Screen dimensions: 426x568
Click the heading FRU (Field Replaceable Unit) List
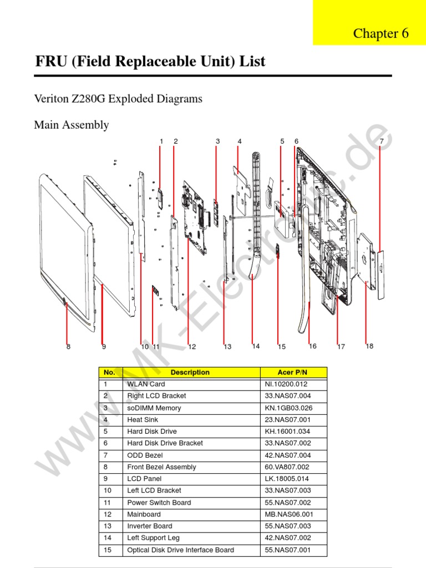click(150, 62)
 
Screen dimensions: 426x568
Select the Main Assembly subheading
click(72, 125)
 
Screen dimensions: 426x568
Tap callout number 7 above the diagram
click(382, 141)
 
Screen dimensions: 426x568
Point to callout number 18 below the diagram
click(369, 346)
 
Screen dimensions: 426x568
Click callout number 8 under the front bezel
click(68, 347)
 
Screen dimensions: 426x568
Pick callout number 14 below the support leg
click(256, 346)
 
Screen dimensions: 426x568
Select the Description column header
click(190, 373)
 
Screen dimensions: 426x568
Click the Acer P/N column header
click(293, 373)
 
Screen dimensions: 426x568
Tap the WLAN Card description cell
click(146, 384)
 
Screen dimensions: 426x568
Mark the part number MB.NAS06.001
click(288, 514)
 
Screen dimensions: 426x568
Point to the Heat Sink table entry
click(143, 420)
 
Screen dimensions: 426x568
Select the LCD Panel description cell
click(144, 479)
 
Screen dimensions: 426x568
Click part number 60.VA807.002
click(287, 467)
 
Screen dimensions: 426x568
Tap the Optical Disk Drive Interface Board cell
click(181, 550)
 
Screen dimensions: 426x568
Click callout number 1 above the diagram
click(161, 141)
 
